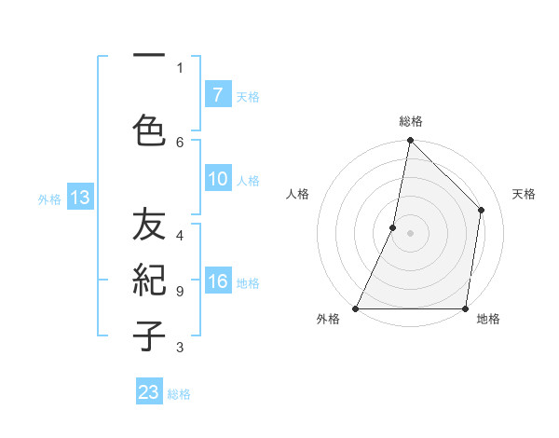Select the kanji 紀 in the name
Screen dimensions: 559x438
[149, 281]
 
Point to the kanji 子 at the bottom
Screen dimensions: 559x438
[149, 336]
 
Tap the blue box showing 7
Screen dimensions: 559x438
[218, 95]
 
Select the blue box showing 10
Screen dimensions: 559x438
[218, 180]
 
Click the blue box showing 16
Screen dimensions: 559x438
[218, 282]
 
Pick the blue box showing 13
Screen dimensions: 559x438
[80, 198]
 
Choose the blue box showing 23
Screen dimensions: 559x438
[149, 392]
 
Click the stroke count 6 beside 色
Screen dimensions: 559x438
[180, 142]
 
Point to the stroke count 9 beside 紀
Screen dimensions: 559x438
[180, 292]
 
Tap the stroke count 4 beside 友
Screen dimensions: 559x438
[180, 236]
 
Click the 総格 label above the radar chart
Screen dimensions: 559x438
[410, 121]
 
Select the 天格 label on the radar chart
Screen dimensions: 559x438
[524, 194]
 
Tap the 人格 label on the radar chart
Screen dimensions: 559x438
[297, 194]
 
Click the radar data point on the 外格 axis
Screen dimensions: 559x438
[356, 308]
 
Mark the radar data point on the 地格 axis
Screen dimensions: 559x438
[465, 308]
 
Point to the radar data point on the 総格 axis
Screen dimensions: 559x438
[410, 140]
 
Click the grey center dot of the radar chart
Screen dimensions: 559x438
[410, 233]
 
